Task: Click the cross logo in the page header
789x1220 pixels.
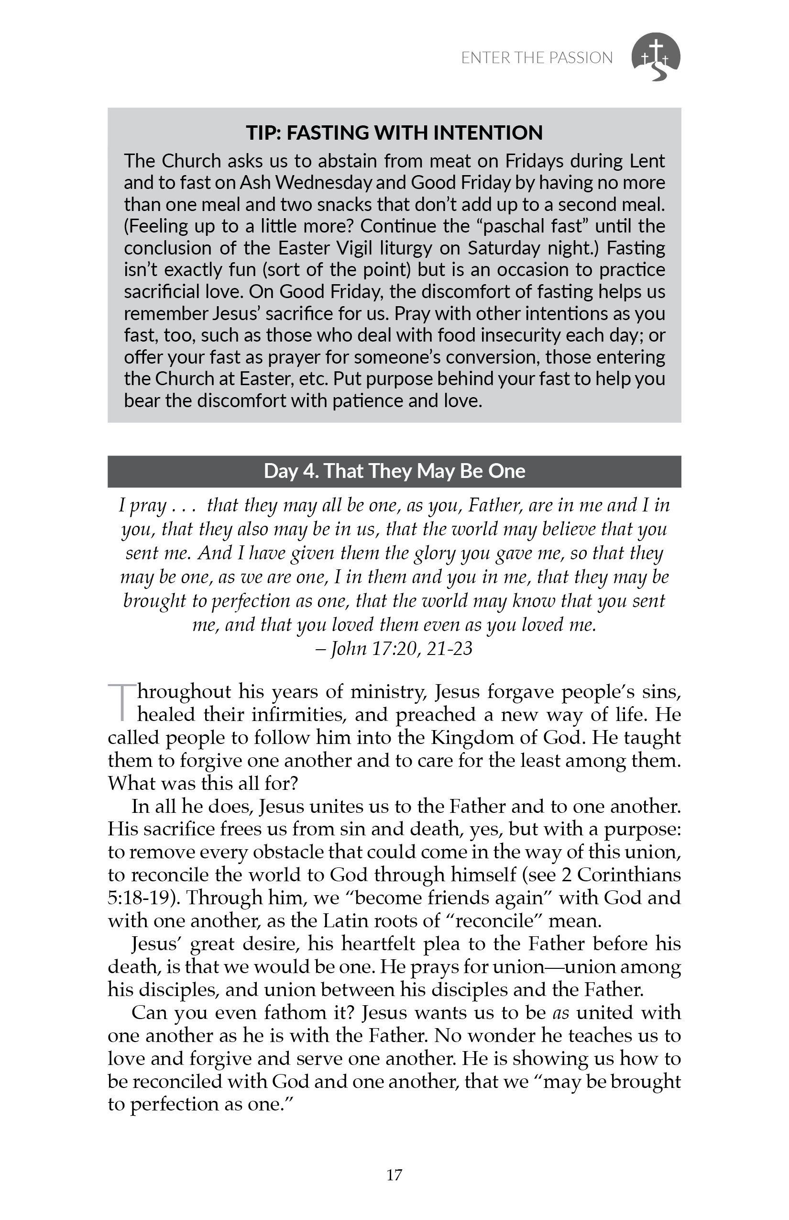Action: point(656,57)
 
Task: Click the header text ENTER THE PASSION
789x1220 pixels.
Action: point(537,58)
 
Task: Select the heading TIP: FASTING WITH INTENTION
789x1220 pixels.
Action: point(394,133)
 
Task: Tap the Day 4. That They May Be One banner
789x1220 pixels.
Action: point(394,471)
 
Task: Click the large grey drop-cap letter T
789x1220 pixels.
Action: point(121,702)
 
